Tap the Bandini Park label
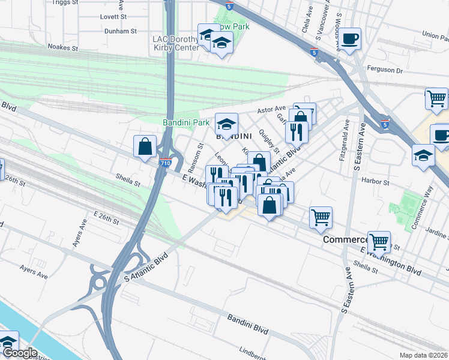(186, 122)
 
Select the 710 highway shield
(166, 163)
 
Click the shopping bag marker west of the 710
(145, 146)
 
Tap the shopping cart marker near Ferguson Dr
(436, 98)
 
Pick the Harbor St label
(376, 181)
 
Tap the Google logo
(20, 353)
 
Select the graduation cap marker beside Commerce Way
(423, 155)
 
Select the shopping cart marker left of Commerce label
(321, 218)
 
